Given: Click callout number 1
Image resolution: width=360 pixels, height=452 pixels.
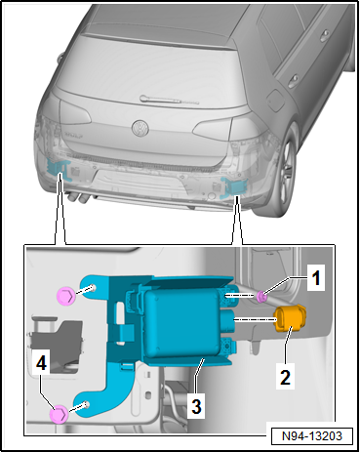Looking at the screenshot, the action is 316,277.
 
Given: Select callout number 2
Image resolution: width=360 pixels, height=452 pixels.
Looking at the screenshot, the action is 285,377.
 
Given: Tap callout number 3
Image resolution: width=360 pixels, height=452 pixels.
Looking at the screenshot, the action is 196,406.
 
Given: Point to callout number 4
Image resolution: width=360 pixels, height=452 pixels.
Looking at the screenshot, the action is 41,363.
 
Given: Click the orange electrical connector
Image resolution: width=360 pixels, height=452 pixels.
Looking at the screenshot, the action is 291,319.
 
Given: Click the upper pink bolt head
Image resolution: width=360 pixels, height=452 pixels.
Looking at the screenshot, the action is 66,296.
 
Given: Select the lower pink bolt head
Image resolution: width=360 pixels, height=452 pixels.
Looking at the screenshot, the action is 59,414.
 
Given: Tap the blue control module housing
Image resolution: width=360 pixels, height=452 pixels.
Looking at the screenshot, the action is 182,323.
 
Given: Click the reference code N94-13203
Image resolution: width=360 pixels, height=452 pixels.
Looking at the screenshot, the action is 312,435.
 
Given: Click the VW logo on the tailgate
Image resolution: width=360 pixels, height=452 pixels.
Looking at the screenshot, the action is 140,128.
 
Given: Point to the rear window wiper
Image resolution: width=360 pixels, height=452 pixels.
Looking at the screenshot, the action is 169,100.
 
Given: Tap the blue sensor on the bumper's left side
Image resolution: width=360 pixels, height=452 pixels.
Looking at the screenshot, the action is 59,169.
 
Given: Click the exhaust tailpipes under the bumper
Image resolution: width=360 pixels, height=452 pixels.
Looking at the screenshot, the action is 77,197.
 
